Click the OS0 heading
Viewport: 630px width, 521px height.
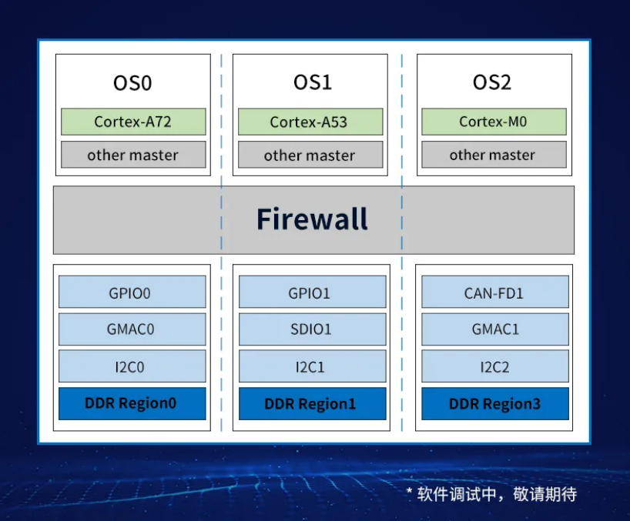click(132, 83)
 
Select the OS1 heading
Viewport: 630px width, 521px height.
click(313, 82)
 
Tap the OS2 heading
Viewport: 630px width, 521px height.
click(492, 82)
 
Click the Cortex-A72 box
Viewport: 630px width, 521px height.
click(133, 122)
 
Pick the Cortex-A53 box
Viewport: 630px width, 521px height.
click(310, 122)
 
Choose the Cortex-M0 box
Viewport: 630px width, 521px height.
click(494, 122)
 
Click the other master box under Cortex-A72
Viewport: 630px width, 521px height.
click(133, 155)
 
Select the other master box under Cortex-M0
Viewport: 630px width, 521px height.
click(494, 155)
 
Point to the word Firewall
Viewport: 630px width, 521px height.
click(312, 219)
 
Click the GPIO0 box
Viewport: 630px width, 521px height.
click(132, 292)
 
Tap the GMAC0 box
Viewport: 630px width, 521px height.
click(132, 329)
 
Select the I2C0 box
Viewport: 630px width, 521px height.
click(132, 366)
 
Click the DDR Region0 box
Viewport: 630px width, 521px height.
click(132, 404)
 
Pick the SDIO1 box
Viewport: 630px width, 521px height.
click(313, 329)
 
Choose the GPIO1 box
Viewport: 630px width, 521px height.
click(313, 292)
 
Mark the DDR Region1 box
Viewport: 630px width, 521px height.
click(313, 404)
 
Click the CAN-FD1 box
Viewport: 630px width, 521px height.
click(495, 292)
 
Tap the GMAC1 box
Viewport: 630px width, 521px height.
click(495, 329)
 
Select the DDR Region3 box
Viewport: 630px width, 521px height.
click(495, 404)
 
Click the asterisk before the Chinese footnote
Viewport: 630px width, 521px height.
click(410, 491)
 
